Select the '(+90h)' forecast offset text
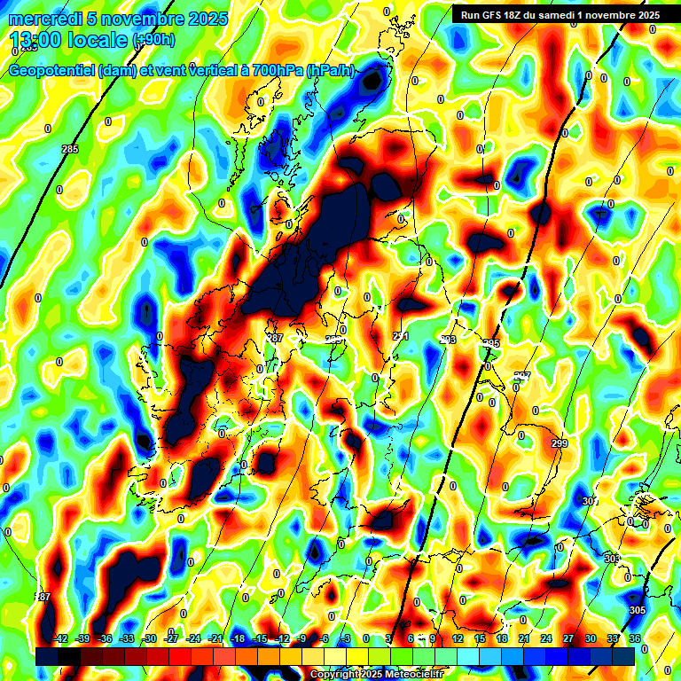pyautogui.click(x=153, y=41)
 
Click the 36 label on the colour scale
pyautogui.click(x=634, y=639)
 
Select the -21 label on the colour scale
pyautogui.click(x=215, y=639)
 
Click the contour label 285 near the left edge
pyautogui.click(x=70, y=149)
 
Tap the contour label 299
pyautogui.click(x=559, y=443)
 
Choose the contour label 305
pyautogui.click(x=637, y=611)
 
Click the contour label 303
pyautogui.click(x=612, y=559)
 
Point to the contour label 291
pyautogui.click(x=401, y=336)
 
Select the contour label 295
pyautogui.click(x=491, y=343)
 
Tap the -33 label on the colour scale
pyautogui.click(x=127, y=639)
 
